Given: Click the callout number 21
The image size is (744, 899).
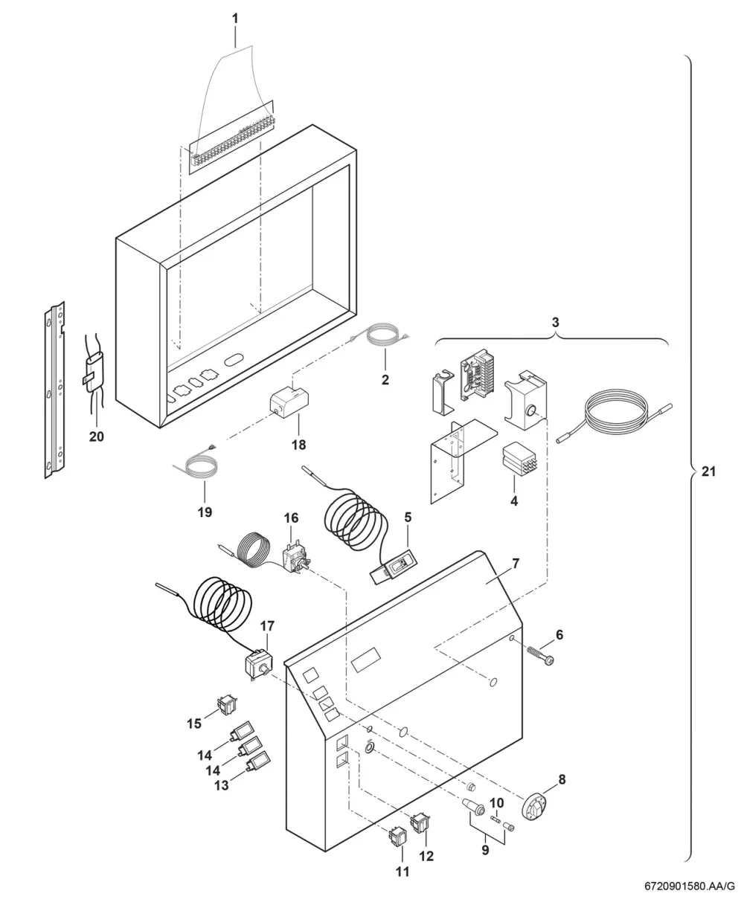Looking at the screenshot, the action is tap(709, 472).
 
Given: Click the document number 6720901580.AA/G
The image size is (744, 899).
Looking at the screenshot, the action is tap(690, 886).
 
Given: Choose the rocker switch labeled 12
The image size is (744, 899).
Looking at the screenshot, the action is tap(420, 823).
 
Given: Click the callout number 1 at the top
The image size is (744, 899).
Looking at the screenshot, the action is tap(235, 19).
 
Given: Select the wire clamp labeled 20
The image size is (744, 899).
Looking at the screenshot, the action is tap(94, 370).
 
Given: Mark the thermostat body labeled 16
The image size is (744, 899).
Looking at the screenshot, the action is tap(296, 560).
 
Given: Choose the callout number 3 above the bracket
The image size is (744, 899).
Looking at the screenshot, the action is tap(555, 323).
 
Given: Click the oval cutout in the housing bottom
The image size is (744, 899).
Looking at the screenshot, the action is tap(234, 361).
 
